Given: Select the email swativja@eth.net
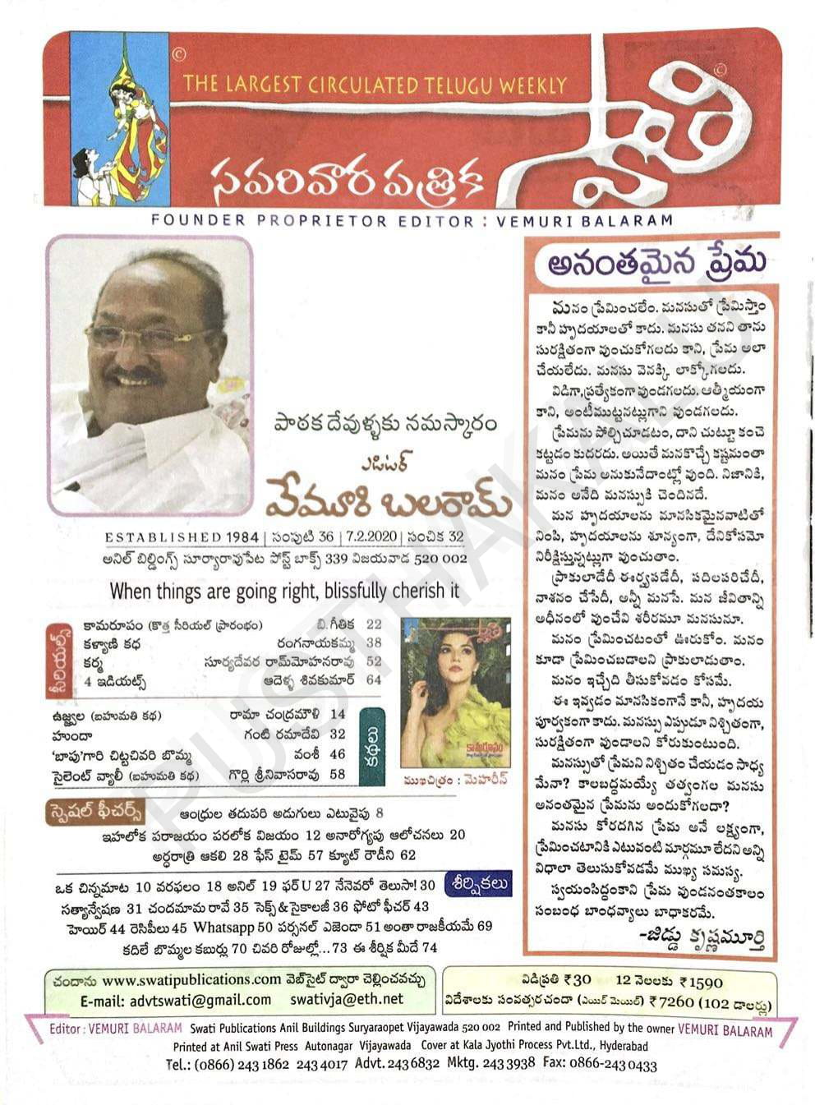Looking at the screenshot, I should point(346,1000).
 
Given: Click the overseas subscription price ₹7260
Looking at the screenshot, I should point(670,1001).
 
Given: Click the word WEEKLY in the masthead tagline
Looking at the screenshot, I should point(535,85).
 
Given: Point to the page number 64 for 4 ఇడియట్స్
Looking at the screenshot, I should point(374,679).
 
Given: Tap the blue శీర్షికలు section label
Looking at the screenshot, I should point(478,885).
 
